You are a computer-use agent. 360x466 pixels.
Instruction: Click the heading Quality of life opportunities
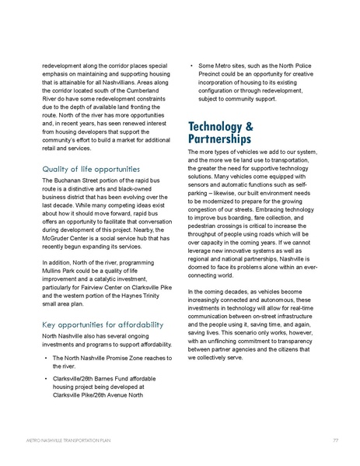[x=91, y=169]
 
